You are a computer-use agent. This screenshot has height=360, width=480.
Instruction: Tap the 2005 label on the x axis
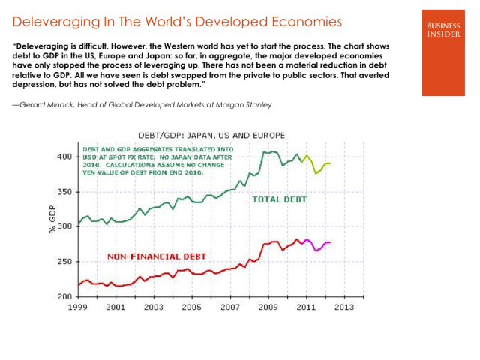(192, 307)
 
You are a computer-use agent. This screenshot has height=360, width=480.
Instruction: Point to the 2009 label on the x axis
(268, 307)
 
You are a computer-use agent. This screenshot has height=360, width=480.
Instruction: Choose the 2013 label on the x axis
(344, 307)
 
